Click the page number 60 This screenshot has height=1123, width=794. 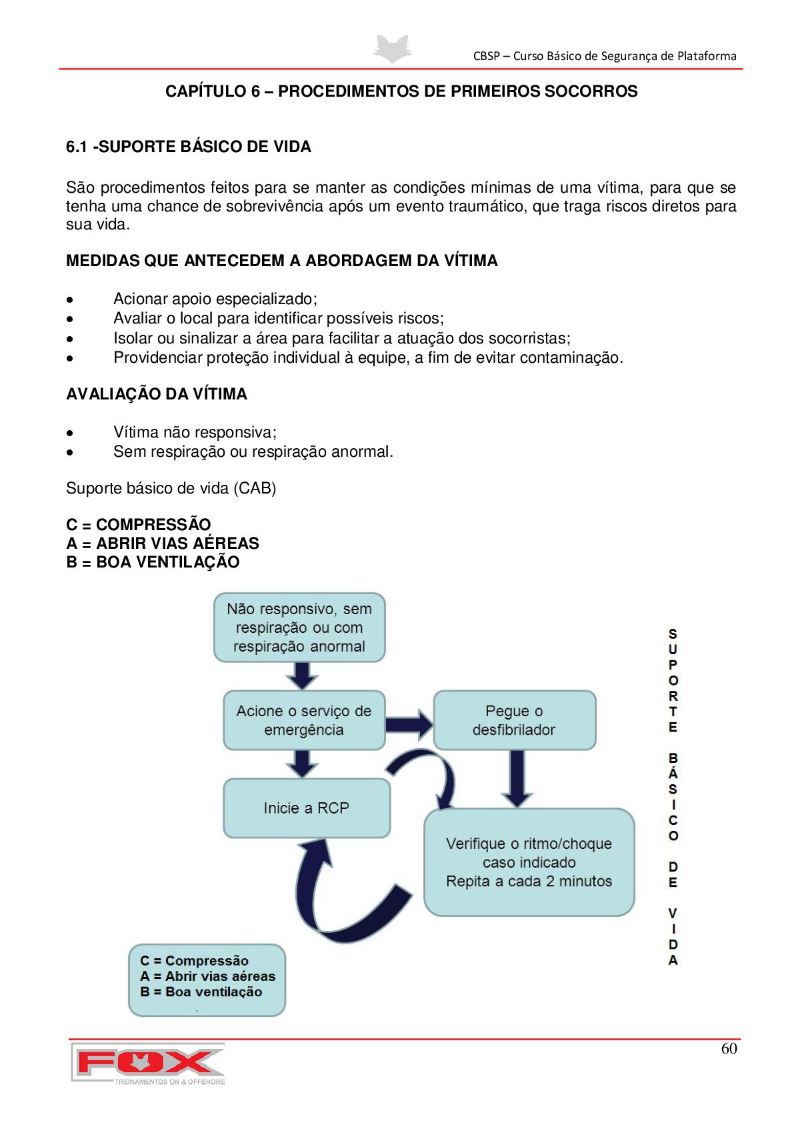click(729, 1049)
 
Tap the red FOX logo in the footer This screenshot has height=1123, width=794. click(148, 1062)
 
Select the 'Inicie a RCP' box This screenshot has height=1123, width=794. click(306, 808)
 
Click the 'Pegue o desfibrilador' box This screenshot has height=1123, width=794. click(514, 720)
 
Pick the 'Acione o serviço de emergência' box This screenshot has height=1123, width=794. click(304, 720)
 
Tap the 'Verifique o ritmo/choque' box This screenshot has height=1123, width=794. click(529, 862)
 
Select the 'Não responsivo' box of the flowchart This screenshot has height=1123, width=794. click(299, 628)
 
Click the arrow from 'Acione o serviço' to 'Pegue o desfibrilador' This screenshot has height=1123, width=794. click(409, 724)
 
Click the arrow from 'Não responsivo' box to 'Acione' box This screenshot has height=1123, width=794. click(302, 676)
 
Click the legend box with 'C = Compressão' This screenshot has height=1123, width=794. click(207, 979)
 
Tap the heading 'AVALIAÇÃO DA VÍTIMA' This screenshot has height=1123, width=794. click(157, 394)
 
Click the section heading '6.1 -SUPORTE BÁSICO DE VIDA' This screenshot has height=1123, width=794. click(189, 147)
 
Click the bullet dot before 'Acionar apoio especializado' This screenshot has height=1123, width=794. click(70, 299)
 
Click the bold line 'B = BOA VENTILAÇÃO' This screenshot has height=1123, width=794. click(153, 562)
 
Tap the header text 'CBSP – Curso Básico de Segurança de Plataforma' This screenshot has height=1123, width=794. click(605, 56)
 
